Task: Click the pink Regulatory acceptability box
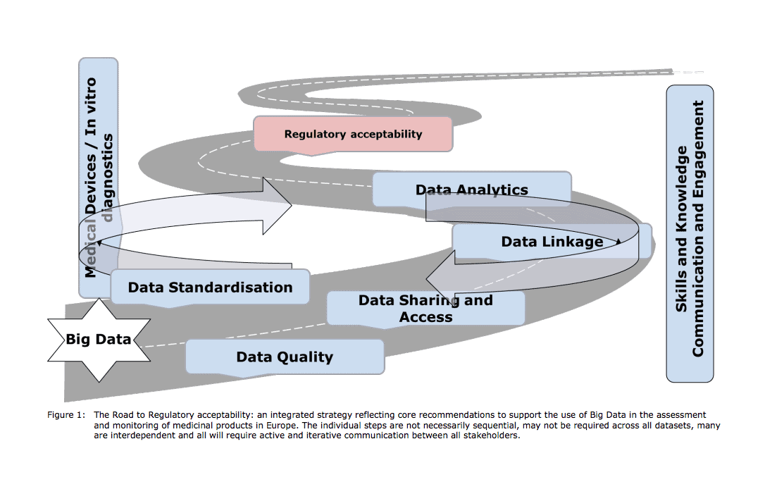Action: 353,134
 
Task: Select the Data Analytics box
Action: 471,190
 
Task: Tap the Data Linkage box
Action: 552,242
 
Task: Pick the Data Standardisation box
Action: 210,288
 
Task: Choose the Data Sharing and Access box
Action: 425,309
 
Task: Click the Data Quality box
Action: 285,357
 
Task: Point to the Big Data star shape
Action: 99,340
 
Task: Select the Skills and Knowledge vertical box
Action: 690,234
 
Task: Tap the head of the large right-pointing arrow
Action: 278,206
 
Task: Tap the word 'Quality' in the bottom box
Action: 304,357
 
